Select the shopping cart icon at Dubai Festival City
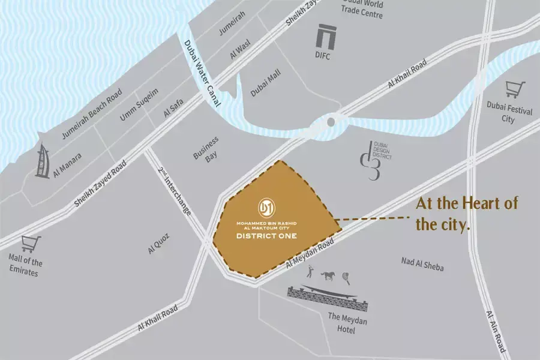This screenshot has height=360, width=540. (514, 90)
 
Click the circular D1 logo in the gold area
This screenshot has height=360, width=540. (266, 208)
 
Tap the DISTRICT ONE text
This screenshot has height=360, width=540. (266, 236)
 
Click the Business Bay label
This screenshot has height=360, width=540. (206, 148)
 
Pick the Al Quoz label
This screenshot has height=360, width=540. (159, 245)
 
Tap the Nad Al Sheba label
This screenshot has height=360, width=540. (422, 264)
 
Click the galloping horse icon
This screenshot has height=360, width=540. (328, 277)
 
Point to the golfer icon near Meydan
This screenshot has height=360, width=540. (310, 273)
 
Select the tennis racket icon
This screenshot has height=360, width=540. (346, 277)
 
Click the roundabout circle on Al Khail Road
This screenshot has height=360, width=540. (330, 122)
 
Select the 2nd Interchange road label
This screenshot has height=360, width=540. (174, 192)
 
